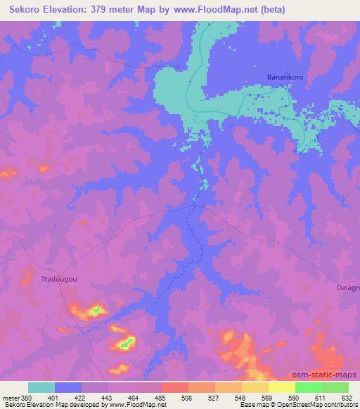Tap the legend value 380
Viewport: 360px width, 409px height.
[27, 398]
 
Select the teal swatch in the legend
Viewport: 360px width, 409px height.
[41, 387]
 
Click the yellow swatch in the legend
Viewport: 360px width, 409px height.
[282, 387]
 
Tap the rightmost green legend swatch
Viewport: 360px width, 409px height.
[335, 387]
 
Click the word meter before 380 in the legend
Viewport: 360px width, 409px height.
[11, 398]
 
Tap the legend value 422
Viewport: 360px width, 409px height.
[81, 398]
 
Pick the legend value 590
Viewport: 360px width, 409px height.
[295, 398]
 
